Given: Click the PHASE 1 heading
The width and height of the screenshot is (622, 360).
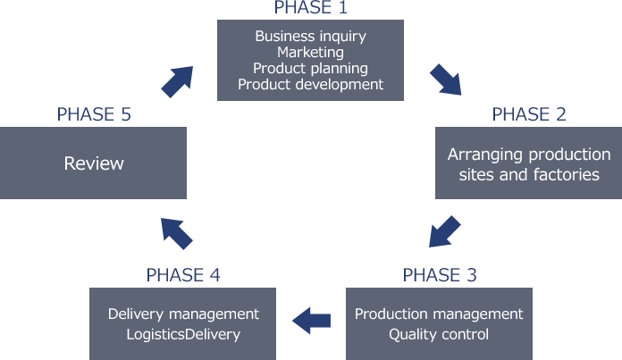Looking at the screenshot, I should [310, 8].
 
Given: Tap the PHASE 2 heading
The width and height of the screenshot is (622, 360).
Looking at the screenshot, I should [529, 114].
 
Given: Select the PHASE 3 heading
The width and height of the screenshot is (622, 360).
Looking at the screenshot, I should [440, 275].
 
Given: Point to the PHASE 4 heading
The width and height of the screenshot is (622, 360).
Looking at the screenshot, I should [183, 275].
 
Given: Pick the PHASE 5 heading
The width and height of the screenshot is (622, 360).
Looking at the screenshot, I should [94, 114].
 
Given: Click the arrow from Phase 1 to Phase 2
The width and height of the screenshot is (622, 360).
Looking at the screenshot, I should [446, 80].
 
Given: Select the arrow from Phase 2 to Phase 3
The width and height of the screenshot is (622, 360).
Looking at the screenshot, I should [444, 231].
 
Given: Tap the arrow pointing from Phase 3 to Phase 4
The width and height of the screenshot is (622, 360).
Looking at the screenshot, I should [312, 318].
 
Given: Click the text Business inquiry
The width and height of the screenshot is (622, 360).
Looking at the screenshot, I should [310, 37].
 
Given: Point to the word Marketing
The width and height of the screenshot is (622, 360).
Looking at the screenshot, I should [310, 53].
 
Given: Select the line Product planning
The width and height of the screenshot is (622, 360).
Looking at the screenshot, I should [310, 69].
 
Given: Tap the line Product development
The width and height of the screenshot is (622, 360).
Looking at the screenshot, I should [310, 85].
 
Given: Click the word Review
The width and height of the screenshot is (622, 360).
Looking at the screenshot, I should [94, 163].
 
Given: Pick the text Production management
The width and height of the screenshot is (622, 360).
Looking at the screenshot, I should [439, 314].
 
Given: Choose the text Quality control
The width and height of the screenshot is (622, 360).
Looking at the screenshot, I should [439, 335].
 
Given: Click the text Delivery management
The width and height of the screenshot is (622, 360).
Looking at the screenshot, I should [183, 314].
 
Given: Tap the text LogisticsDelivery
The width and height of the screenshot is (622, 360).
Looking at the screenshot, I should [183, 335].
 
